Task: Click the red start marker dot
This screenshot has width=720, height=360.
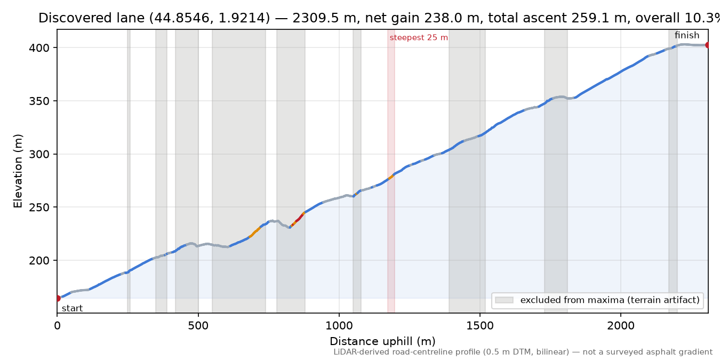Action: point(58,298)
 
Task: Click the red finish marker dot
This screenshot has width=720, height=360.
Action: point(707,45)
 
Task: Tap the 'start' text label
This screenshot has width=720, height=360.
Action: point(73,309)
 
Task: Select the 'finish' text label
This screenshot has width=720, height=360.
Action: point(687,35)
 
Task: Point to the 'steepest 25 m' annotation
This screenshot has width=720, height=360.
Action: point(419,38)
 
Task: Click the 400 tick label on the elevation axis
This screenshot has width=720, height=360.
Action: point(39,48)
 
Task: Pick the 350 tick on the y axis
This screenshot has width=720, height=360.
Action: point(39,101)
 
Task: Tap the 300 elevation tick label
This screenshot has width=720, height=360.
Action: point(39,154)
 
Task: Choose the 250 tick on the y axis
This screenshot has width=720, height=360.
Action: point(39,207)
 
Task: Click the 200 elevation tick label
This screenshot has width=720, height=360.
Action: point(39,261)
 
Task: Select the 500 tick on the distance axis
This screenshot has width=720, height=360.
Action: point(198,326)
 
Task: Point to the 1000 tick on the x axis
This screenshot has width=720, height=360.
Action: point(339,326)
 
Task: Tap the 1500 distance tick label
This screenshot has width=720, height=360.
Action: point(480,326)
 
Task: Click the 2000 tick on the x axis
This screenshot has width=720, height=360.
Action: point(621,326)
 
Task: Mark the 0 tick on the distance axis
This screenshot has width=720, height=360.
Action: point(57,326)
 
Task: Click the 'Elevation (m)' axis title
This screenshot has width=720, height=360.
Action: point(18,171)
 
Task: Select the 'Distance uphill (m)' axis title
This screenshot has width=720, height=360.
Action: point(382,341)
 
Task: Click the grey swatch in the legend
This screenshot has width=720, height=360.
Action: point(504,300)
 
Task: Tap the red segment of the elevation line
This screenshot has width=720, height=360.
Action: point(299,219)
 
